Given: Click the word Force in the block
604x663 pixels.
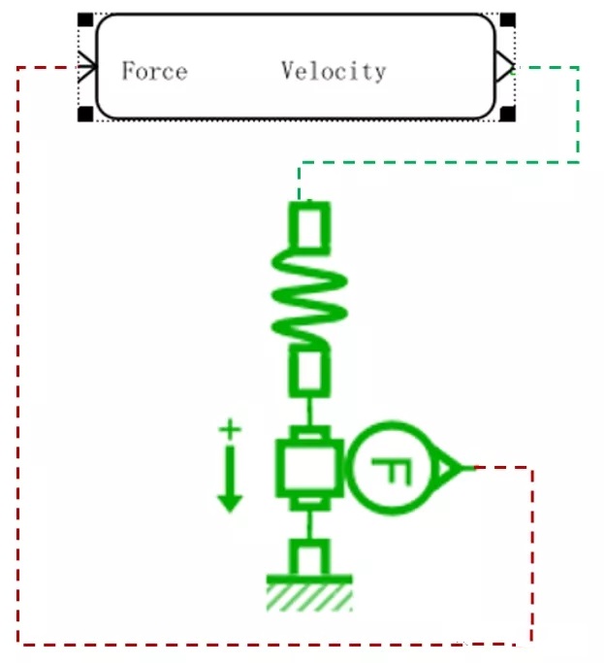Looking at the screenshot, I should click(x=154, y=71).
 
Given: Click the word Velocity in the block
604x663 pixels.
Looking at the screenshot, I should click(x=334, y=71).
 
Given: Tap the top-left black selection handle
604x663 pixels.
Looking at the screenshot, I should click(x=85, y=19).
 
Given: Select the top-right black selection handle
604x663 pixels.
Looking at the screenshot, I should click(x=506, y=19).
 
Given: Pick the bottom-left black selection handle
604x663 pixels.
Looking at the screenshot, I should click(x=85, y=115).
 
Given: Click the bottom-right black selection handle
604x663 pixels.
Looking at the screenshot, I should click(x=506, y=115).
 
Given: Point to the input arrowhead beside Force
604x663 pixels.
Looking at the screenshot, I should click(x=88, y=67).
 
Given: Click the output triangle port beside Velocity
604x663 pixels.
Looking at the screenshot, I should click(x=502, y=67).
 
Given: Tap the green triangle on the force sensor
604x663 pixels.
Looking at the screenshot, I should click(x=449, y=469).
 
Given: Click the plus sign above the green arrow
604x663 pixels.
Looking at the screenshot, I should click(x=230, y=427).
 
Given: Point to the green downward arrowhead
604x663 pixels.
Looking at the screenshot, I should click(x=230, y=500).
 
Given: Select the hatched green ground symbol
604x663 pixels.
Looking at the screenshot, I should click(x=309, y=594).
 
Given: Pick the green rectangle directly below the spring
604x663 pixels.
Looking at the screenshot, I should click(x=309, y=372).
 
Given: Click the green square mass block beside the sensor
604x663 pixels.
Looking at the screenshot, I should click(x=308, y=468).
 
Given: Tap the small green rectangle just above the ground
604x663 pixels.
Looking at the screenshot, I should click(x=310, y=559).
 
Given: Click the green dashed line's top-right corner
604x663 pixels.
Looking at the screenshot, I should click(x=579, y=68).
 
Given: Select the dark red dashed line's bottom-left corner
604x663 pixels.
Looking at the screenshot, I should click(x=19, y=644).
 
